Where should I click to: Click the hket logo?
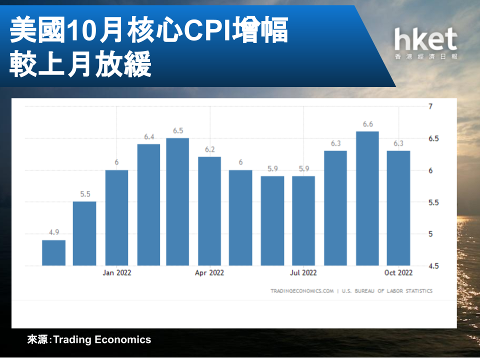(x=426, y=43)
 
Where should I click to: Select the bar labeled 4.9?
(x=53, y=253)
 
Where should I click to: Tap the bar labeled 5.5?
(x=84, y=233)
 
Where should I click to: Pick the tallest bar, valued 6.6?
(x=367, y=198)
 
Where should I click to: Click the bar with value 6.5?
(x=177, y=201)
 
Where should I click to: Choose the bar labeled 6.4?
(x=149, y=205)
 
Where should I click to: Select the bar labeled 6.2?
(x=209, y=211)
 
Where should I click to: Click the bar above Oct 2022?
(x=398, y=208)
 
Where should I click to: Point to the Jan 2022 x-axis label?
(x=116, y=273)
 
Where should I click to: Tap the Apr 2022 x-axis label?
(x=209, y=273)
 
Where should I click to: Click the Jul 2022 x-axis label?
(x=303, y=273)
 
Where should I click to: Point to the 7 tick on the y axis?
(x=430, y=106)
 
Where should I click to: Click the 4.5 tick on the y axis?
(x=433, y=266)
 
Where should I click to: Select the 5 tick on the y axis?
(x=430, y=234)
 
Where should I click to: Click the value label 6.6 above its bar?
(x=367, y=124)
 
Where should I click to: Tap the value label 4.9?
(x=54, y=232)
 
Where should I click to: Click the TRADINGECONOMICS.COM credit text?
(x=302, y=291)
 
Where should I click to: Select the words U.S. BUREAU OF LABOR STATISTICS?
(x=387, y=291)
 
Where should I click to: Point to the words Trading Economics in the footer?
(x=102, y=340)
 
